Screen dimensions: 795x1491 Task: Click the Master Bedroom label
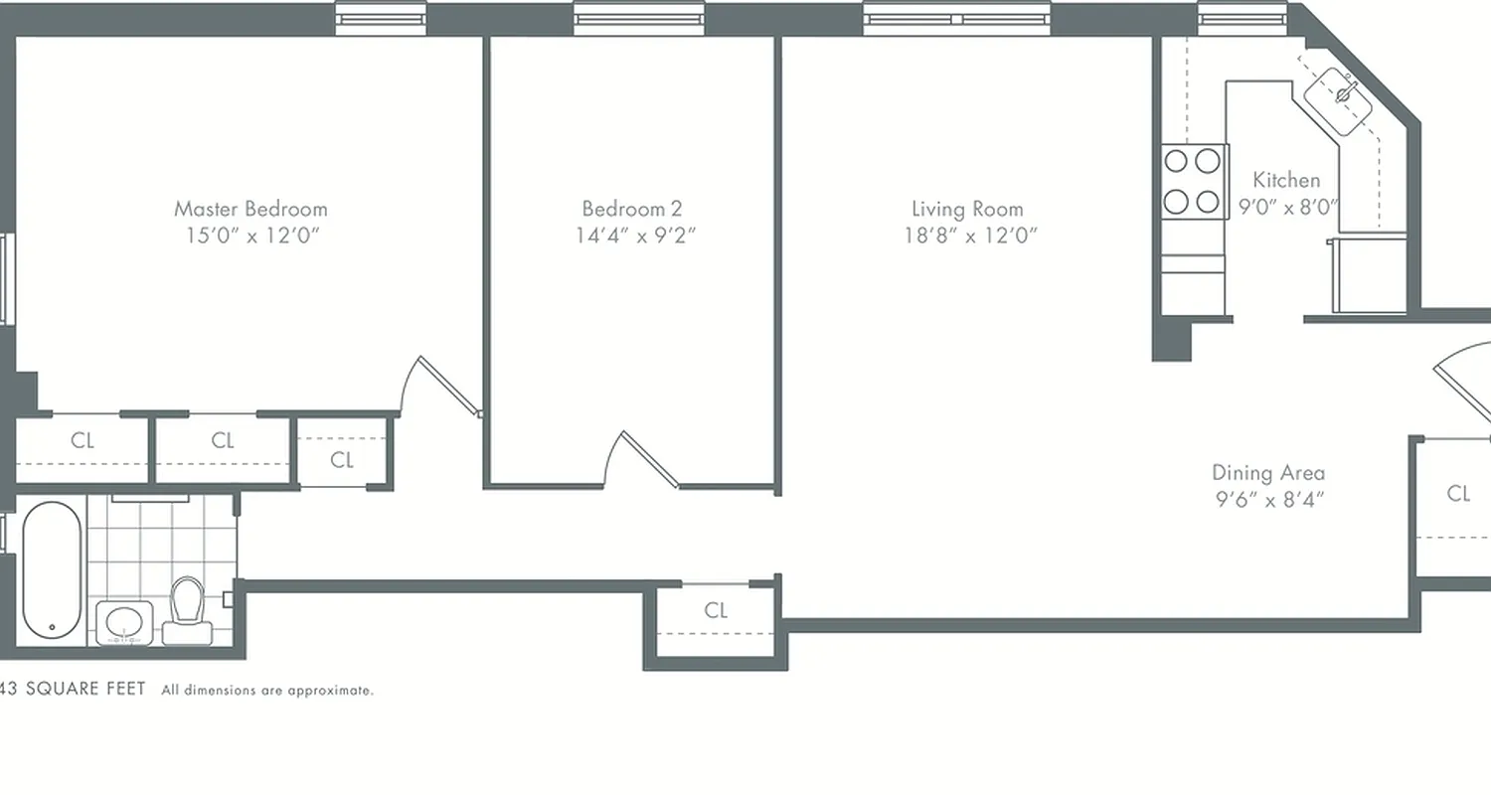pos(250,209)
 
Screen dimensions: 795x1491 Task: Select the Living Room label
pos(967,209)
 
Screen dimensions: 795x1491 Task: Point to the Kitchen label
pos(1286,180)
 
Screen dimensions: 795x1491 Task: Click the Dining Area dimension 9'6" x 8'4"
pos(1268,500)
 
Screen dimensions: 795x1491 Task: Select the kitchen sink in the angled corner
pos(1342,96)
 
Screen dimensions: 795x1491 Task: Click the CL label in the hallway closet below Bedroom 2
pos(716,610)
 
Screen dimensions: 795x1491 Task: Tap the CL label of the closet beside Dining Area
pos(1458,493)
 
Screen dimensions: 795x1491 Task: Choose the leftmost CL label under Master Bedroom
pos(83,440)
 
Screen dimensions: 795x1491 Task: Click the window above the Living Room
pos(956,19)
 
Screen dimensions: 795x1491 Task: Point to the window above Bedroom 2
pos(639,19)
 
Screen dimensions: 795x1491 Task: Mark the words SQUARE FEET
pos(85,689)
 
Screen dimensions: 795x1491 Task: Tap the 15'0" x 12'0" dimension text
pos(250,236)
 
